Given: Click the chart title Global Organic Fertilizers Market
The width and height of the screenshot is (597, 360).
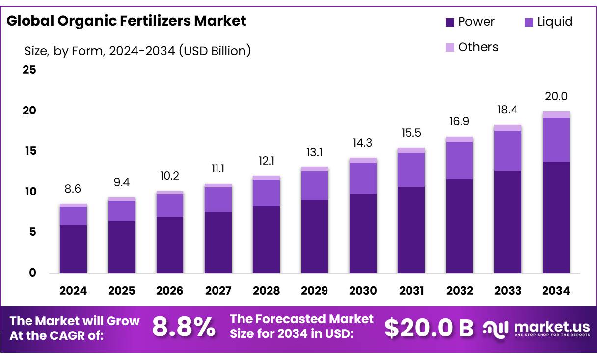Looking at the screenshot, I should tap(127, 21).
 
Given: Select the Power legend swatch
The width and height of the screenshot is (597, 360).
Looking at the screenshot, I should tap(450, 22).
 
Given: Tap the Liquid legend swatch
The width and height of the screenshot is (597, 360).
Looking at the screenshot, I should tap(529, 22).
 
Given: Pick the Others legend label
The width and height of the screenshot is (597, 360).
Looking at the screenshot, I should tap(478, 47).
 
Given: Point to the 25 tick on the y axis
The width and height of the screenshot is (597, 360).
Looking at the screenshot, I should tap(29, 70).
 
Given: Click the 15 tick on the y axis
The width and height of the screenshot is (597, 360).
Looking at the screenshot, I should tap(29, 151).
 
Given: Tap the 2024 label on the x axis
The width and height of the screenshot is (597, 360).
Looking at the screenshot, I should tap(73, 291).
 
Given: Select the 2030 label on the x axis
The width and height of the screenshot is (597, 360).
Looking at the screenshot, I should tap(363, 291).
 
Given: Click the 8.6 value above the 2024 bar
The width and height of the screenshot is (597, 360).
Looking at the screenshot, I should tap(73, 188).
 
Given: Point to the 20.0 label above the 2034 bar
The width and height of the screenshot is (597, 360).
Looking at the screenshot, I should tap(556, 96).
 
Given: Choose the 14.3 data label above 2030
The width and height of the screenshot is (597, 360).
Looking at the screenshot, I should tap(363, 143).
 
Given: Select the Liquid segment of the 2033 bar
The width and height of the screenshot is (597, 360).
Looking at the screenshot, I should tap(508, 151).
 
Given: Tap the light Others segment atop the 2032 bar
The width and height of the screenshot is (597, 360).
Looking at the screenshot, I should tap(460, 139).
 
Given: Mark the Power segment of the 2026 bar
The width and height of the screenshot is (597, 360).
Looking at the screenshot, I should tap(170, 245).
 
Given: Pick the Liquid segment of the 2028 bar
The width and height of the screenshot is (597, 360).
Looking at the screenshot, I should tap(267, 193).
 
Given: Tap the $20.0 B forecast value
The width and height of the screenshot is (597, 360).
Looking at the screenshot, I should tap(429, 328).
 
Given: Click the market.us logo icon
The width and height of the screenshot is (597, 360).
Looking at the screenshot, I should tap(496, 328).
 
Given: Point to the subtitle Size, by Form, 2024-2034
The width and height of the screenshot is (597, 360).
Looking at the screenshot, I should tap(137, 50).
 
